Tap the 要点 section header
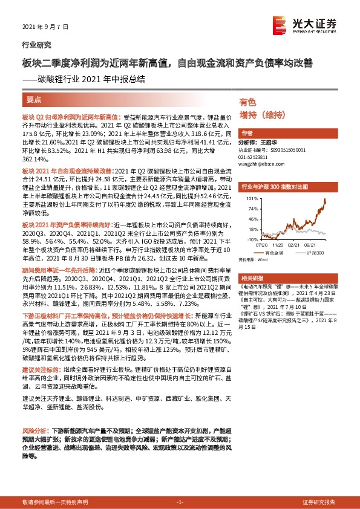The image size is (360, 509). [x=34, y=99]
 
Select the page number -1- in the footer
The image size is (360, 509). [x=180, y=502]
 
